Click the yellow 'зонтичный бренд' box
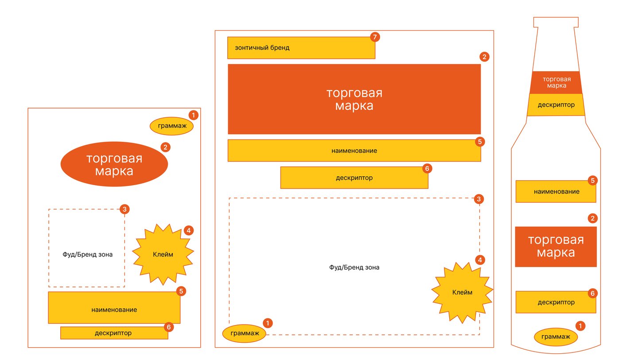click(x=301, y=48)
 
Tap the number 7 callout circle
click(x=375, y=37)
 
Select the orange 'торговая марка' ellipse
click(x=114, y=164)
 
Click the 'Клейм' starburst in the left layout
click(x=163, y=254)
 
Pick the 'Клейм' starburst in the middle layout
click(x=462, y=292)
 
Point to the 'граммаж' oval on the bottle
click(x=556, y=337)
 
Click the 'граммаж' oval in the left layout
click(x=172, y=126)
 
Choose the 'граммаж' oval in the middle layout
click(x=244, y=333)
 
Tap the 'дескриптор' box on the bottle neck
click(x=556, y=105)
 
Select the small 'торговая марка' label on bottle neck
click(x=556, y=82)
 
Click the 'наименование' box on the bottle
click(x=556, y=191)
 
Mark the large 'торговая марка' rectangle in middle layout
click(x=354, y=99)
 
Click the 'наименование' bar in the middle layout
click(x=354, y=151)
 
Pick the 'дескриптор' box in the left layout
click(x=114, y=333)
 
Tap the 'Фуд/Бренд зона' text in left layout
click(x=87, y=255)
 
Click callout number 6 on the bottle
click(x=592, y=293)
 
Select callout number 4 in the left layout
click(x=189, y=230)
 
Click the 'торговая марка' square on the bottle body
click(x=556, y=247)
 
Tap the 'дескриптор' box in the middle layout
click(x=354, y=178)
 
